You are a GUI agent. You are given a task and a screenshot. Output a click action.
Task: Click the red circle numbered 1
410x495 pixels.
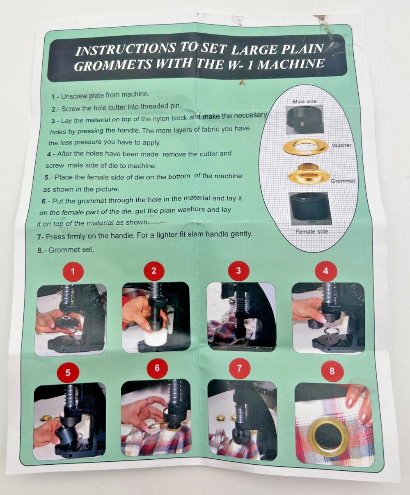point(73,271)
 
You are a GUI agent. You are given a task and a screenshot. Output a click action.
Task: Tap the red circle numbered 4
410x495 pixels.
point(326,271)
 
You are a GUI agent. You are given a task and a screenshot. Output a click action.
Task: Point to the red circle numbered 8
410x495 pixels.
point(332,371)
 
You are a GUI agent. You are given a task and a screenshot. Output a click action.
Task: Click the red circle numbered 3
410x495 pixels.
point(238,270)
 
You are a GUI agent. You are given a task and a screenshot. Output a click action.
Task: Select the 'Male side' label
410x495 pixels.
point(305,101)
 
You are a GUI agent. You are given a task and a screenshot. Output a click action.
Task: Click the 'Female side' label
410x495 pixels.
point(312,231)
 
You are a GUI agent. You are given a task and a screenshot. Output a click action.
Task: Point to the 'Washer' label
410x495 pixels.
point(341,145)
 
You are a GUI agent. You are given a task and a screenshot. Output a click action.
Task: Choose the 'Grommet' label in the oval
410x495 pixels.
point(343,181)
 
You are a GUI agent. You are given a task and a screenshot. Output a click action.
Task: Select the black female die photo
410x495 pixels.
point(309,209)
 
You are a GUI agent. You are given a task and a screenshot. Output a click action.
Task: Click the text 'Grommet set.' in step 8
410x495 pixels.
point(71,250)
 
